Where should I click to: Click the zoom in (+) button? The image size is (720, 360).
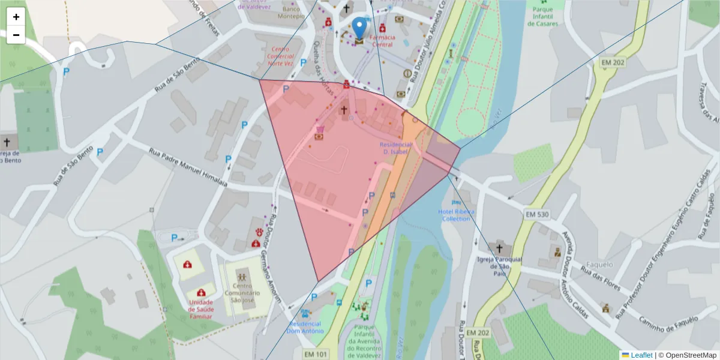pyautogui.click(x=16, y=17)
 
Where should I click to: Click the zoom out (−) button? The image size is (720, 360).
pyautogui.click(x=16, y=35)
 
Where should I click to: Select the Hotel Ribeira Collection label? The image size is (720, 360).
pyautogui.click(x=457, y=215)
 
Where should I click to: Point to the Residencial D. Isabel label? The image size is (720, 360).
pyautogui.click(x=395, y=148)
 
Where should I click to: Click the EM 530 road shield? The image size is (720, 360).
pyautogui.click(x=537, y=214)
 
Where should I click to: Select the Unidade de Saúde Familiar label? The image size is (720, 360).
pyautogui.click(x=200, y=309)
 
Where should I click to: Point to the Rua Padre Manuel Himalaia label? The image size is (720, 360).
pyautogui.click(x=188, y=167)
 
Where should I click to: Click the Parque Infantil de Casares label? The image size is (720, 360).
pyautogui.click(x=545, y=16)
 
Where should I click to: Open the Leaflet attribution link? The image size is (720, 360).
pyautogui.click(x=641, y=355)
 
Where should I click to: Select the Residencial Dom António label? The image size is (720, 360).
pyautogui.click(x=305, y=327)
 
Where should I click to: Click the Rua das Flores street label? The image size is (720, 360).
pyautogui.click(x=599, y=279)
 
